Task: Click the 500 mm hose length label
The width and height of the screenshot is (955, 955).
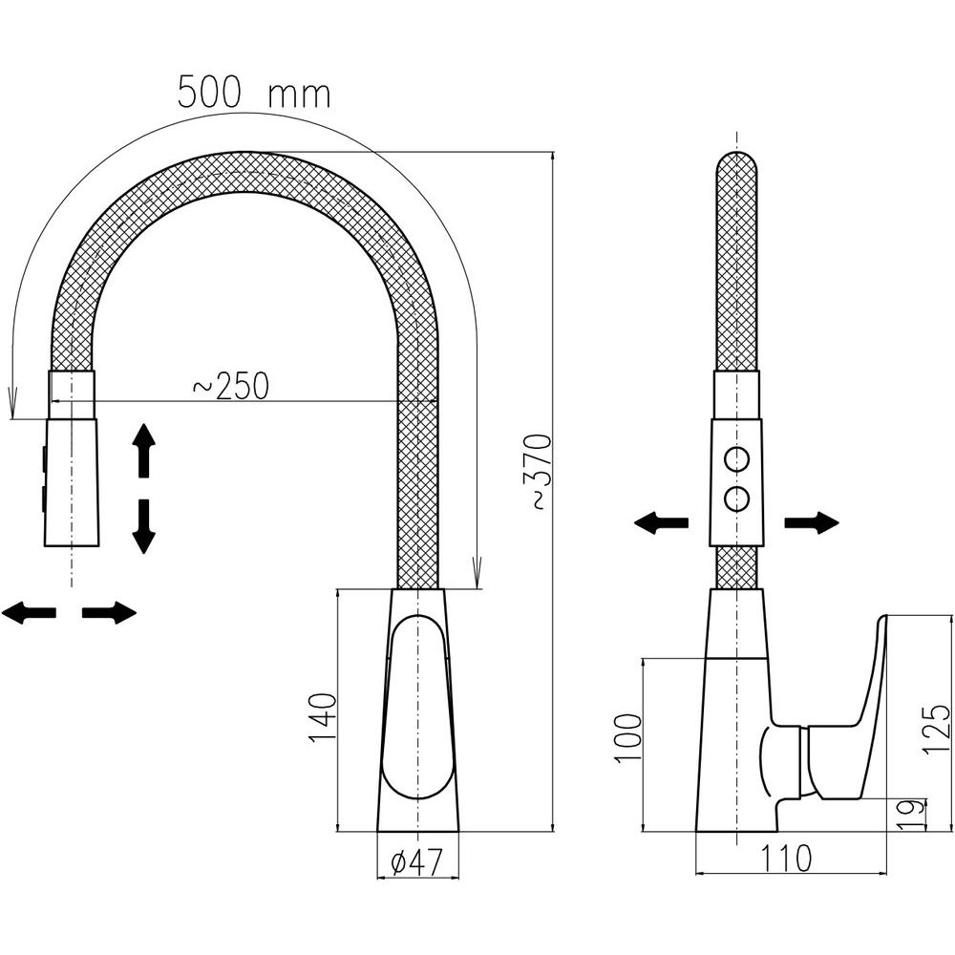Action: click(x=254, y=94)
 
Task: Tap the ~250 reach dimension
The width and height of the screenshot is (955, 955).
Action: click(x=231, y=386)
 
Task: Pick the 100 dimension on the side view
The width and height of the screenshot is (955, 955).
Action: click(x=628, y=737)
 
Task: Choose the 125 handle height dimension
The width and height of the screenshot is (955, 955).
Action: click(x=936, y=729)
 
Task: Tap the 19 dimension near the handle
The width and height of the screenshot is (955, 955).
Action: click(x=911, y=815)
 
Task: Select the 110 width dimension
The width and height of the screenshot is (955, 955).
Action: click(x=786, y=859)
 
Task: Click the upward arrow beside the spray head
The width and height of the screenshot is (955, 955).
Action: click(x=144, y=450)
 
